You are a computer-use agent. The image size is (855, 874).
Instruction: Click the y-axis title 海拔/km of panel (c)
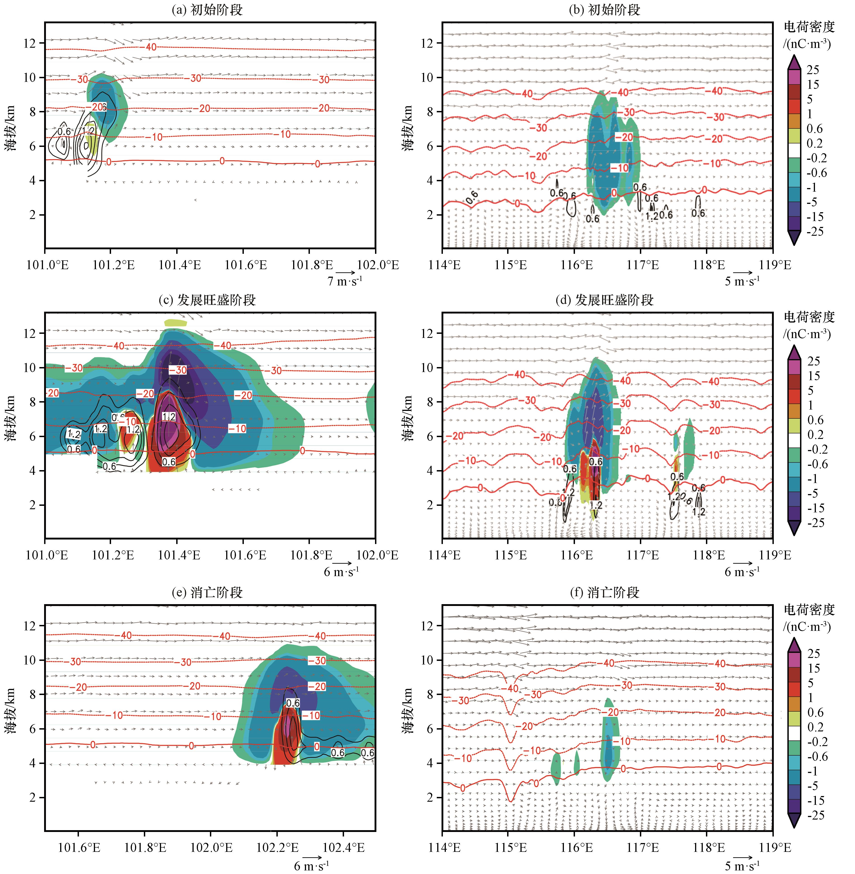11,418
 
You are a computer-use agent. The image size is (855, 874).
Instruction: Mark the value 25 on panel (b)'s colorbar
813,70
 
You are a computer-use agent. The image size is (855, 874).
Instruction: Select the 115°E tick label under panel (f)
511,848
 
